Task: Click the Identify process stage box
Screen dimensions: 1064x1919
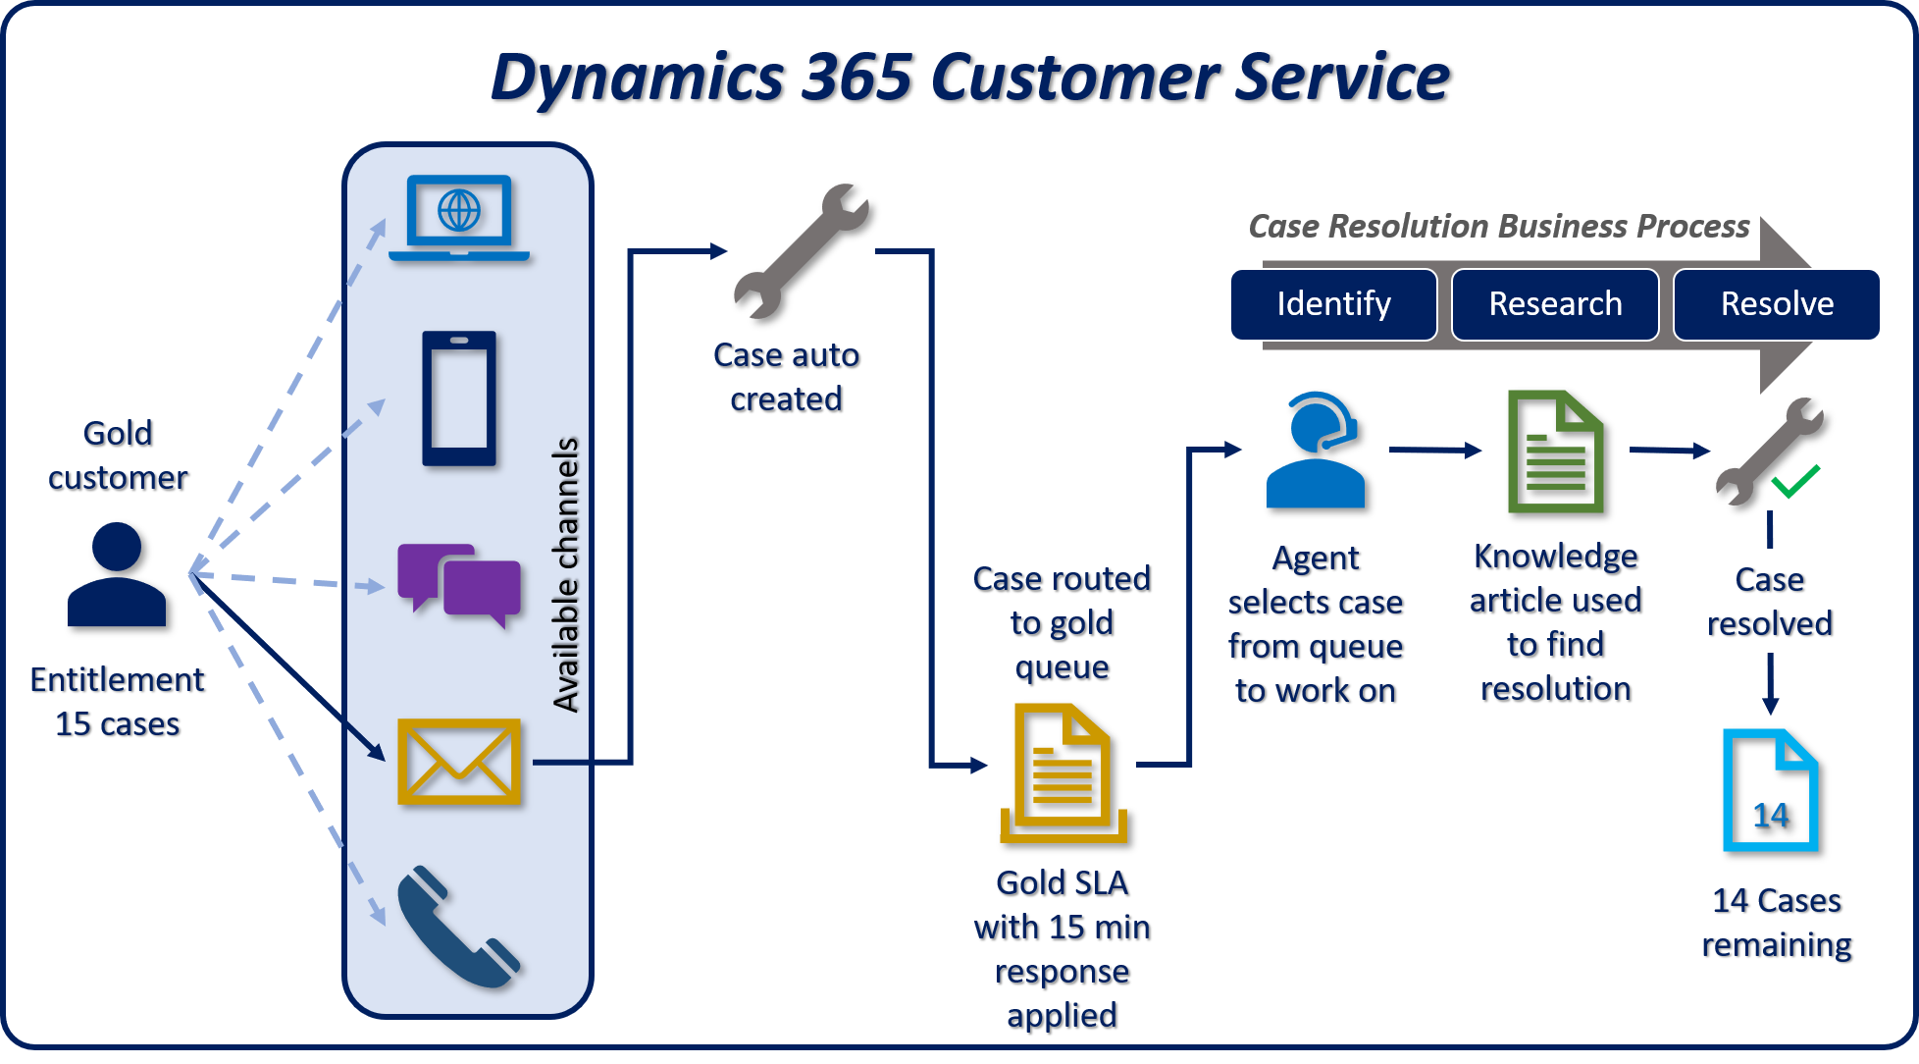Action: (x=1333, y=304)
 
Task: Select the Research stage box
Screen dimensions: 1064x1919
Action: (x=1555, y=304)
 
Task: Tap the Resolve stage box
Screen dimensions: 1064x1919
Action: (x=1776, y=304)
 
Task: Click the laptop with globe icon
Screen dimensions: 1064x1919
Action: (x=459, y=218)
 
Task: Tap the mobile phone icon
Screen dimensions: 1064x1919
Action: (x=459, y=399)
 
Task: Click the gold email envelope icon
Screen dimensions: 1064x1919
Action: (x=459, y=762)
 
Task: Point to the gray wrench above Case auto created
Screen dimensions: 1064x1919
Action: (x=801, y=252)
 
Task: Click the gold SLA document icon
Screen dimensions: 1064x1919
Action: (x=1063, y=773)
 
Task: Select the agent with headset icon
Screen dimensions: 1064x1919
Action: (x=1315, y=451)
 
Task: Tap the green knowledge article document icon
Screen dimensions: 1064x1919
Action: (x=1555, y=452)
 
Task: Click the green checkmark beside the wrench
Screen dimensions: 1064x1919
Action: (x=1795, y=481)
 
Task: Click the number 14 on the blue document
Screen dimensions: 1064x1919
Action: (x=1771, y=815)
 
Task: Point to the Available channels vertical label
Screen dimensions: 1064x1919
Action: (x=566, y=574)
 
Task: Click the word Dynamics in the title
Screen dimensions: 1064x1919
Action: (x=637, y=77)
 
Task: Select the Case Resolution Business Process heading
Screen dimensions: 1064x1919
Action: (x=1498, y=227)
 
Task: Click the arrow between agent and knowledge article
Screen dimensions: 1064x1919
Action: (x=1434, y=451)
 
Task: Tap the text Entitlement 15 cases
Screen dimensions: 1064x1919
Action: (x=117, y=701)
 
